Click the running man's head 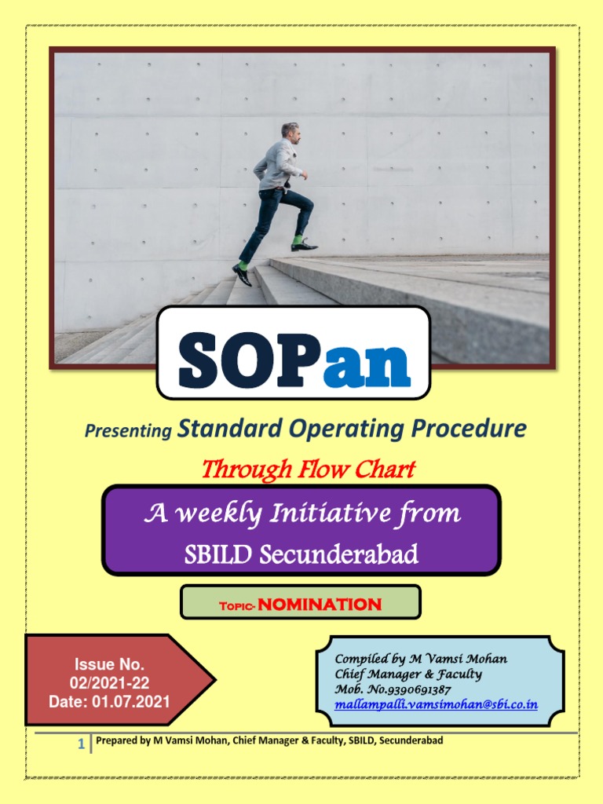point(291,132)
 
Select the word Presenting point(128,431)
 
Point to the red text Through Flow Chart point(308,470)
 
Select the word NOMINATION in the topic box point(320,604)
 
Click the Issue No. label point(98,665)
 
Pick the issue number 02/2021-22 point(98,682)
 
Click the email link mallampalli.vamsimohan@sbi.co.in point(436,704)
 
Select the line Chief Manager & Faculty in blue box point(408,674)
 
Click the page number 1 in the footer point(81,744)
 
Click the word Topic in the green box point(236,605)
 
